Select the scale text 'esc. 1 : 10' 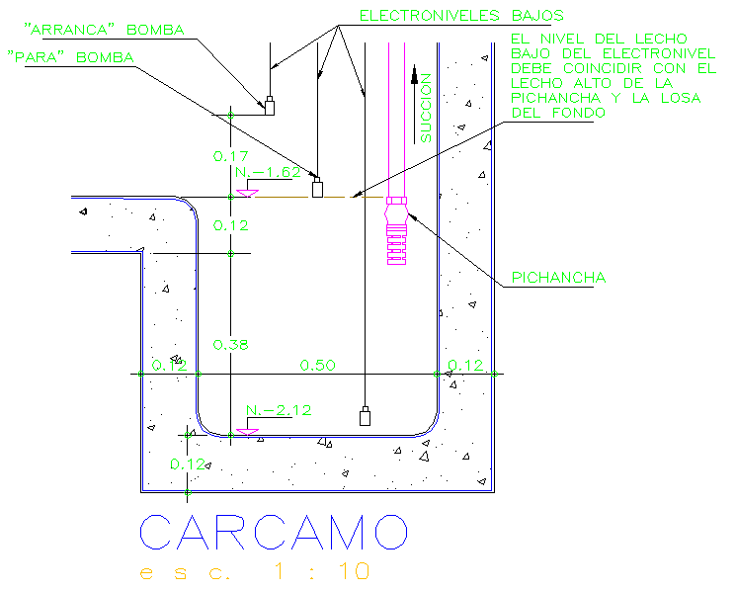(x=256, y=572)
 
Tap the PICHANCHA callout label (x=558, y=279)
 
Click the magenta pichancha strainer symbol (x=395, y=230)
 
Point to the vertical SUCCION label (x=426, y=109)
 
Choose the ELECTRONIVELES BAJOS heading (x=460, y=15)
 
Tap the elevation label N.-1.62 (x=267, y=172)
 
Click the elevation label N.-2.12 (x=274, y=409)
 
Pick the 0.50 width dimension (x=318, y=366)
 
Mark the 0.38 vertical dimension (x=230, y=344)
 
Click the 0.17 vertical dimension (x=230, y=156)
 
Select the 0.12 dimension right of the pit (x=465, y=366)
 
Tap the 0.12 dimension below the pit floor (x=186, y=464)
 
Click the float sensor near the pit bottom (x=365, y=416)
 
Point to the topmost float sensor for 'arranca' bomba (x=268, y=104)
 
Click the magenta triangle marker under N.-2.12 (x=247, y=431)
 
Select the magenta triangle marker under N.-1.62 (x=247, y=192)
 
